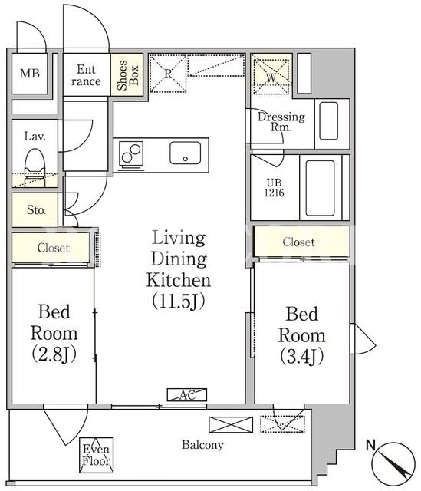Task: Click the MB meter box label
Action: pyautogui.click(x=30, y=74)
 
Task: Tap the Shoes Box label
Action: pyautogui.click(x=128, y=75)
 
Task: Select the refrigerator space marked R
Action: pyautogui.click(x=168, y=74)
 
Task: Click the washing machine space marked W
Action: pyautogui.click(x=271, y=77)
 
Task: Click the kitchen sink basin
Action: pyautogui.click(x=186, y=153)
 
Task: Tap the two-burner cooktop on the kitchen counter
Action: pyautogui.click(x=131, y=153)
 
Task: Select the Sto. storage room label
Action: pyautogui.click(x=36, y=209)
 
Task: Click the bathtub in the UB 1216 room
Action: pyautogui.click(x=320, y=188)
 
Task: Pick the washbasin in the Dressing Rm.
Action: pyautogui.click(x=329, y=121)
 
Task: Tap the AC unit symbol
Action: pyautogui.click(x=187, y=395)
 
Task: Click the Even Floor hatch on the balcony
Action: pyautogui.click(x=96, y=455)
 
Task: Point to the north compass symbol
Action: pyautogui.click(x=393, y=463)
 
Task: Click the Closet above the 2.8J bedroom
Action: pyautogui.click(x=53, y=248)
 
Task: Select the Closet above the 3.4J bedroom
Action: pyautogui.click(x=298, y=242)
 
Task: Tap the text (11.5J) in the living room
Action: pyautogui.click(x=179, y=301)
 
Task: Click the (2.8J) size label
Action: pyautogui.click(x=54, y=354)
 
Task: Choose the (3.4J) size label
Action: pyautogui.click(x=301, y=357)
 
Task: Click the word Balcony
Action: pyautogui.click(x=202, y=445)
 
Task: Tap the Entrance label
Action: pyautogui.click(x=86, y=75)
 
